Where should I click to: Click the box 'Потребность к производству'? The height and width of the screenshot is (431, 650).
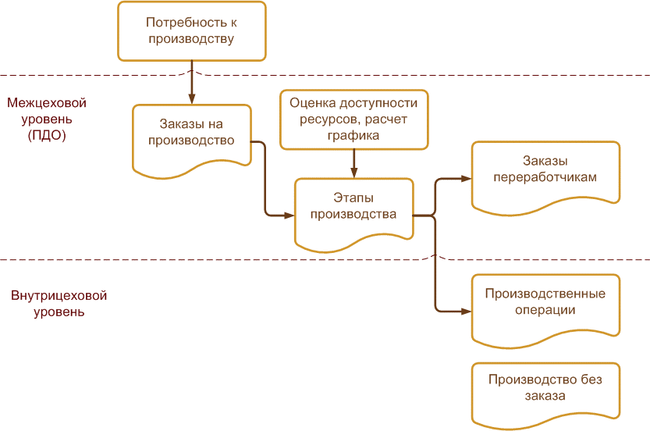click(x=191, y=31)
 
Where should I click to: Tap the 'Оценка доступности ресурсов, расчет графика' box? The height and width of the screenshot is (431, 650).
click(x=353, y=119)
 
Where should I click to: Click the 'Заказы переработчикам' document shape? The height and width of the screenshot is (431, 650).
click(x=545, y=173)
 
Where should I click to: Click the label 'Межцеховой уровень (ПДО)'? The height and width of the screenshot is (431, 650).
click(x=46, y=119)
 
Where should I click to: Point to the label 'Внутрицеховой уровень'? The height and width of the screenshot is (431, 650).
click(x=59, y=304)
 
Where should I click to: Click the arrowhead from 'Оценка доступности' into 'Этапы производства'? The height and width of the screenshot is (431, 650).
click(x=354, y=173)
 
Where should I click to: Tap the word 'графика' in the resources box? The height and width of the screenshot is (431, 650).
click(x=353, y=134)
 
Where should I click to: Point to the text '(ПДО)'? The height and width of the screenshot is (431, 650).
click(x=46, y=134)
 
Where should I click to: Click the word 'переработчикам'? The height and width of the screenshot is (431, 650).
click(x=545, y=177)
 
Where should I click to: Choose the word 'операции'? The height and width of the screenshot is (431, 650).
click(x=545, y=310)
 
